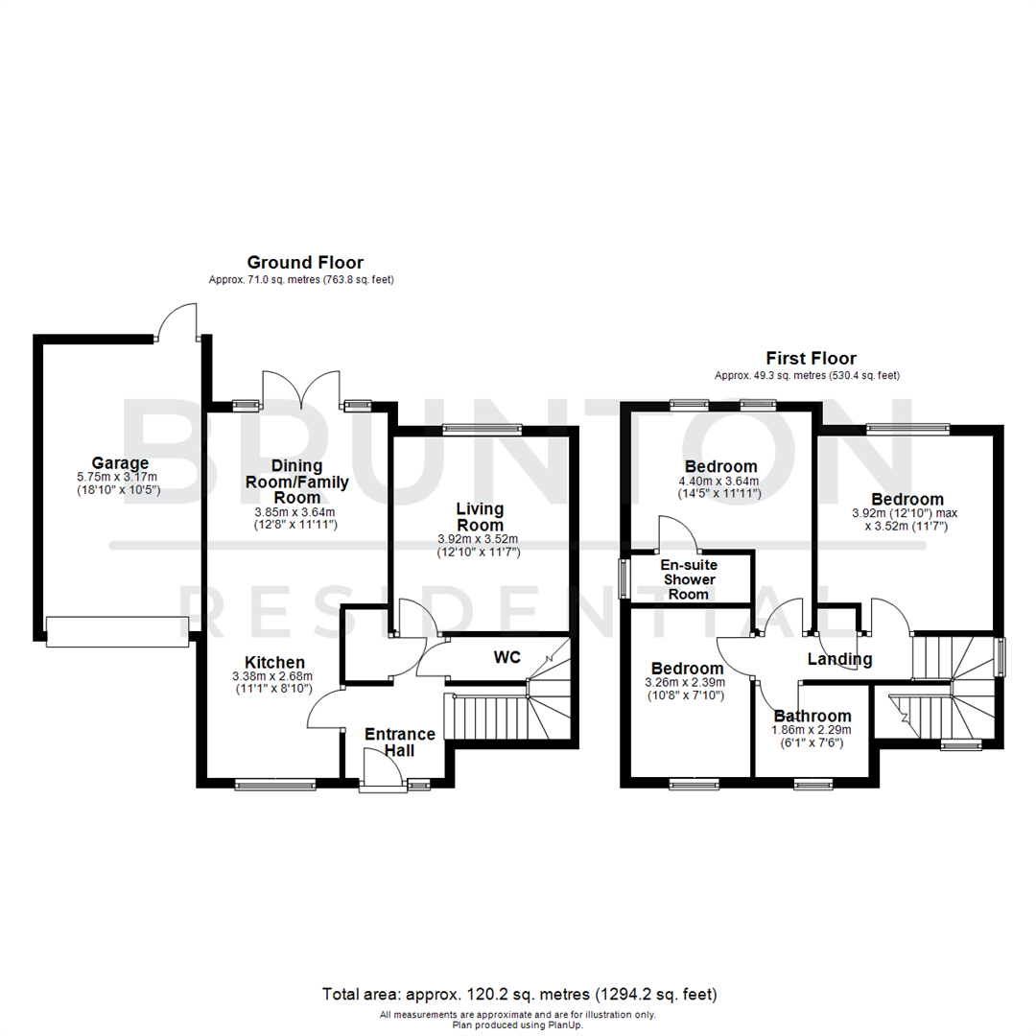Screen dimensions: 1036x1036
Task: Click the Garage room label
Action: (120, 461)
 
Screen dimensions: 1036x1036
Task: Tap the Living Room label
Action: (480, 517)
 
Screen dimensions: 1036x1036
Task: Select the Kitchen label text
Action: (274, 662)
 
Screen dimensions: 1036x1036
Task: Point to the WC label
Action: (506, 658)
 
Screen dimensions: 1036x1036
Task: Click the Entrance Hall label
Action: (399, 742)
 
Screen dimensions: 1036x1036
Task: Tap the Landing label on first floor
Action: (839, 659)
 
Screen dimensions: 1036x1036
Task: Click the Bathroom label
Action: (812, 716)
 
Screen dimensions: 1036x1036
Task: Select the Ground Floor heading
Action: (305, 262)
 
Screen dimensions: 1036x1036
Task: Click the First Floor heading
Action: (811, 358)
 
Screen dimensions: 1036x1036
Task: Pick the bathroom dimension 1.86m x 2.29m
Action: (812, 729)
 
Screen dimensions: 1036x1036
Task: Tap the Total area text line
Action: (518, 993)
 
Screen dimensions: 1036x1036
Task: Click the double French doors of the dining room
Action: (302, 388)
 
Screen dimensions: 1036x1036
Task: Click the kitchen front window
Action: (275, 785)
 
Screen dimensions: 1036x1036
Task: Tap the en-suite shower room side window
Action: (624, 577)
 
